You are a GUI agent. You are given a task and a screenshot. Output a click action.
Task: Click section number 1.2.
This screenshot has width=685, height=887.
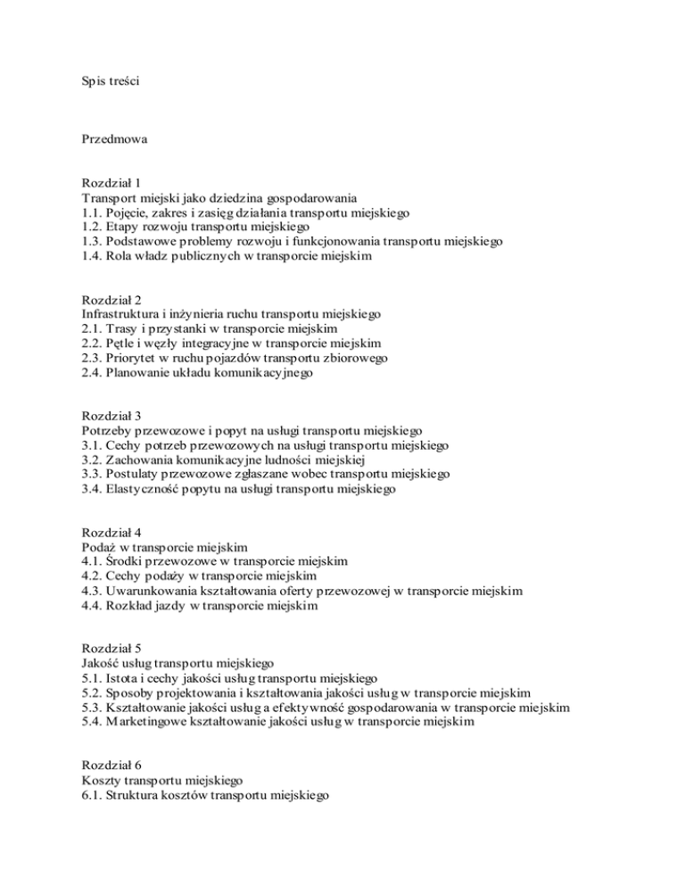click(x=92, y=226)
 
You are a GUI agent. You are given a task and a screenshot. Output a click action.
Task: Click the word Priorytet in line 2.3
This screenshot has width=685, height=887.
click(x=136, y=358)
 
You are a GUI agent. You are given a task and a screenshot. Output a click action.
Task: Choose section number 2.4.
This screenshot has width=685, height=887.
click(x=92, y=372)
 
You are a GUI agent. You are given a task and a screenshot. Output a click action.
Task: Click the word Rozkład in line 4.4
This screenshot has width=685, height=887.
click(x=136, y=605)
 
